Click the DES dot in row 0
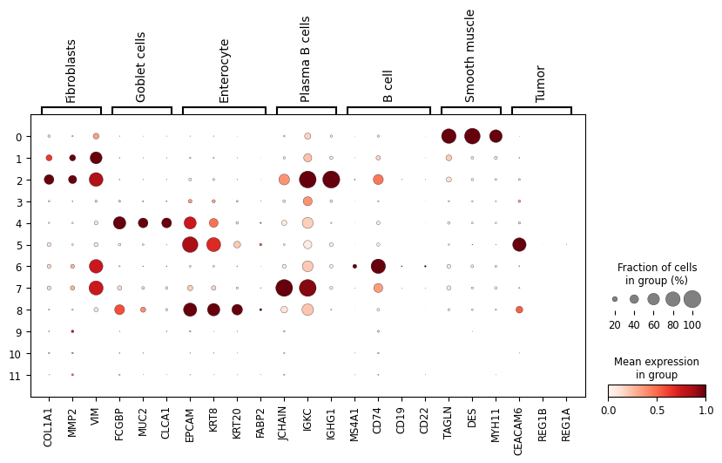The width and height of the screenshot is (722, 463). click(x=472, y=136)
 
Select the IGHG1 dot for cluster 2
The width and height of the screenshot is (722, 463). click(x=331, y=180)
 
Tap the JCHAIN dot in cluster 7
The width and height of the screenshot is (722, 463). click(x=284, y=288)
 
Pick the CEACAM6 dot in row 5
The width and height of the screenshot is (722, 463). click(x=519, y=244)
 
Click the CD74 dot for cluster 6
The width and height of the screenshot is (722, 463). click(x=378, y=266)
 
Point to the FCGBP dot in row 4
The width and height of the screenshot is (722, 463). click(x=119, y=222)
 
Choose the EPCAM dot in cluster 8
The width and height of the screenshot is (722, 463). click(x=190, y=310)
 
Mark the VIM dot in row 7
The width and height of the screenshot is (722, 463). click(x=96, y=288)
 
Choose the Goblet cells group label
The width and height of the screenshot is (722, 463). click(x=141, y=67)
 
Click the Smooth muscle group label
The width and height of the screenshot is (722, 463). click(x=470, y=56)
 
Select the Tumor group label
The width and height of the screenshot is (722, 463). click(x=541, y=84)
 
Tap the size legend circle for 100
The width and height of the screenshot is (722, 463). click(x=692, y=299)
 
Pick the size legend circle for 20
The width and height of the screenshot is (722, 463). click(x=615, y=299)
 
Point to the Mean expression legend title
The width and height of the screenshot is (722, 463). click(x=656, y=368)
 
